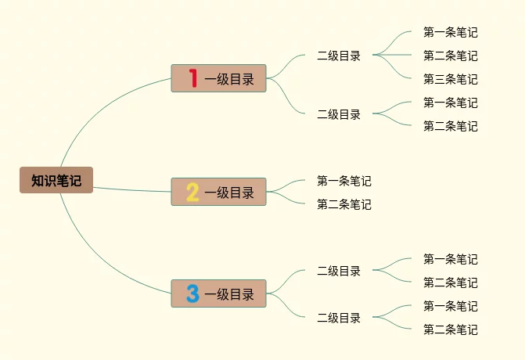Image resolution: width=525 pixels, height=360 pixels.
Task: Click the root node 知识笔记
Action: click(x=56, y=180)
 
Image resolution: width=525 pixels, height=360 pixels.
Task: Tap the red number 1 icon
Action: click(x=192, y=78)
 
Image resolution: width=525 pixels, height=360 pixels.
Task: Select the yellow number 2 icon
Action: click(x=192, y=192)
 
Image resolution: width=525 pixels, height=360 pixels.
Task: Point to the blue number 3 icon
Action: click(x=192, y=293)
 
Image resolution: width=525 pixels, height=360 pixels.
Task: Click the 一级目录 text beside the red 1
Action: click(x=229, y=78)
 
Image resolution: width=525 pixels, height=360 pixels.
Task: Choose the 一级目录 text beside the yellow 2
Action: click(x=229, y=192)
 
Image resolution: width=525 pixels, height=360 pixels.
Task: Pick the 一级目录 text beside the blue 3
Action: click(x=229, y=294)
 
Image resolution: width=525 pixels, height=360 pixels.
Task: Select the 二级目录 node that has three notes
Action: click(x=339, y=56)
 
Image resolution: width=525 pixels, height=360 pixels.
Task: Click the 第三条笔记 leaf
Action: click(x=450, y=79)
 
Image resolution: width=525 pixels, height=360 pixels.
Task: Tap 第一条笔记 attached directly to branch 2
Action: click(x=343, y=181)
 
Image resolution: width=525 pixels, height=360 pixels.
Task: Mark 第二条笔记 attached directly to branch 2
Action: click(x=343, y=204)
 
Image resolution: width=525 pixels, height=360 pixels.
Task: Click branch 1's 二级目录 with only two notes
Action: click(x=339, y=114)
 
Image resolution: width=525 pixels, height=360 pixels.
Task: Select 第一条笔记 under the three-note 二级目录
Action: click(x=450, y=32)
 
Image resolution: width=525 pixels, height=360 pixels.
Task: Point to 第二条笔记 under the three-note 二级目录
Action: click(x=450, y=56)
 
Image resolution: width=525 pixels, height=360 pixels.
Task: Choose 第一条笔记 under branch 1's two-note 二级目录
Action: click(x=450, y=103)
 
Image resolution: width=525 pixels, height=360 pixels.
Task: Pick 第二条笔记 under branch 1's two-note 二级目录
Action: click(x=450, y=126)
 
